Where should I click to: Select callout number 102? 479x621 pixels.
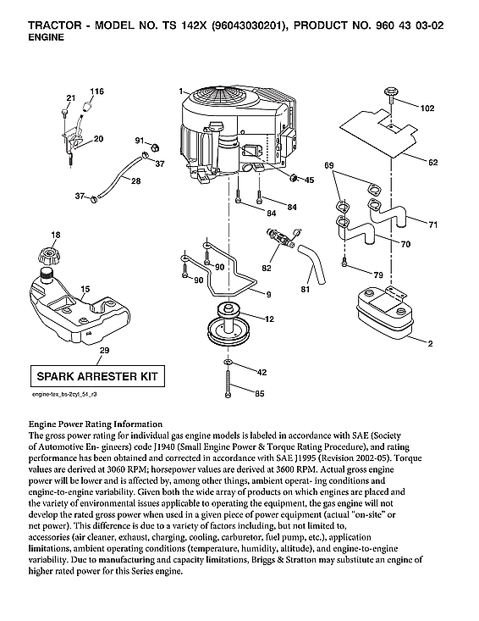(427, 108)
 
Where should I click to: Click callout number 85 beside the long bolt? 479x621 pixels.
(260, 392)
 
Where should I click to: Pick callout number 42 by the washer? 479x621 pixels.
(261, 372)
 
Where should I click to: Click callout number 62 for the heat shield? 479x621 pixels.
(432, 161)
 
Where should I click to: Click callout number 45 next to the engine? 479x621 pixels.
(308, 180)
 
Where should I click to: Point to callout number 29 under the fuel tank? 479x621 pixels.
(103, 350)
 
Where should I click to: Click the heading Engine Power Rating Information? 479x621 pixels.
(95, 424)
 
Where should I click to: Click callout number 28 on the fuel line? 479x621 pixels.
(135, 180)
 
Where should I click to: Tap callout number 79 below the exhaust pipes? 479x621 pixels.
(377, 275)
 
